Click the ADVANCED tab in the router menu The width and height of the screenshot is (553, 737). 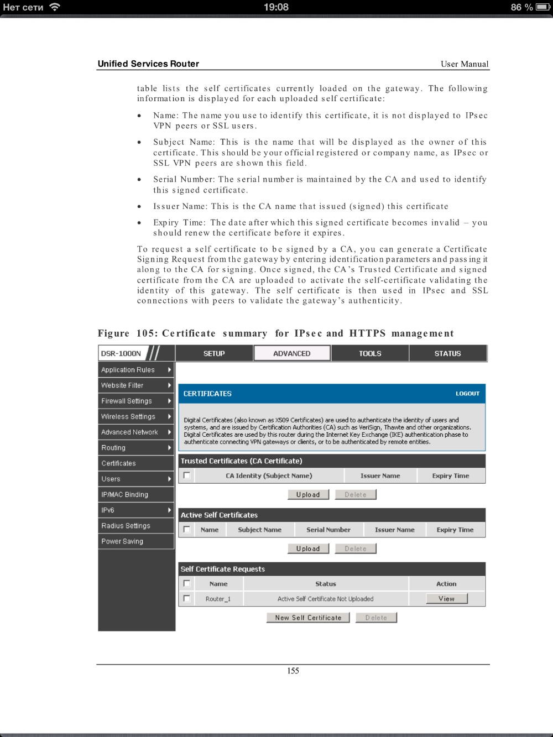[x=292, y=353]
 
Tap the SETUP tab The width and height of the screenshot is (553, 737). [x=214, y=353]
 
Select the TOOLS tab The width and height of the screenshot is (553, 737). [x=370, y=353]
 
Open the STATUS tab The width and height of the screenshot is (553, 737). [x=447, y=353]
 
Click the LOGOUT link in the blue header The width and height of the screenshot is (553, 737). [x=467, y=394]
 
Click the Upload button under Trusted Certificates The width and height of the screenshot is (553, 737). [x=308, y=495]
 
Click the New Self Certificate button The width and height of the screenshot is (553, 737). [x=308, y=618]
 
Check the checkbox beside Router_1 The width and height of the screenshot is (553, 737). [x=187, y=598]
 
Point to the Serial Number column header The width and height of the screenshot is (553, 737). [x=328, y=530]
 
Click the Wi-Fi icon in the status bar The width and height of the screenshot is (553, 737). [x=55, y=7]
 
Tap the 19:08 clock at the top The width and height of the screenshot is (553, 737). [x=276, y=7]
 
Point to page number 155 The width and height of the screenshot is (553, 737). [x=293, y=671]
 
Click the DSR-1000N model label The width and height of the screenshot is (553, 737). [x=121, y=353]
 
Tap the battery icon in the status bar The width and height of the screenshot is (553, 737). [x=542, y=7]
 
